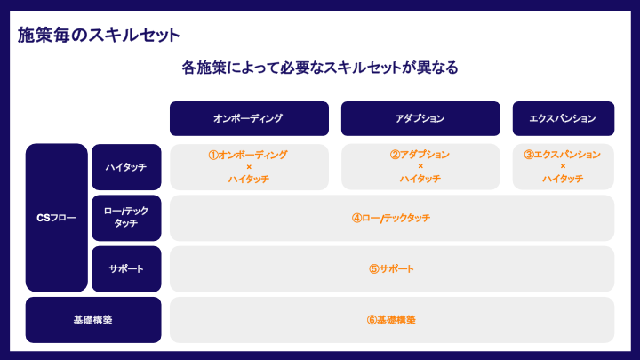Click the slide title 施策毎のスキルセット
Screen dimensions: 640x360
(x=99, y=36)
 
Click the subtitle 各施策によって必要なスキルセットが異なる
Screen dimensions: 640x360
(x=320, y=68)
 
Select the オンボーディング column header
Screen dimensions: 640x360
(x=249, y=118)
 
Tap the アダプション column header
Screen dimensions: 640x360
(x=420, y=118)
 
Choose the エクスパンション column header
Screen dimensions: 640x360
(x=563, y=118)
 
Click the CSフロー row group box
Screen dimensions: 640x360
(x=57, y=218)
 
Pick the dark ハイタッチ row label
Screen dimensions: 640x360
(x=126, y=167)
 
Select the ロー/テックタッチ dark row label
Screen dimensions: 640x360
(x=126, y=218)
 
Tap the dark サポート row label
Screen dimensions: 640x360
(x=126, y=268)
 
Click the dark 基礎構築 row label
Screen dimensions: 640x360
(x=93, y=320)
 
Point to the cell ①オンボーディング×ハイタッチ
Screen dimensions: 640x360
(x=249, y=167)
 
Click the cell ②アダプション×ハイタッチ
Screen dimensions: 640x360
(x=420, y=167)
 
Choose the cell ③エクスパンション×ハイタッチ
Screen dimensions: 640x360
(x=563, y=167)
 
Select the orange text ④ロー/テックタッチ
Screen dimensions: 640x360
(x=391, y=218)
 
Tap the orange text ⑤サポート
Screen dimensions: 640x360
(x=391, y=268)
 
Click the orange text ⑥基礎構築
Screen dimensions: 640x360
(x=391, y=320)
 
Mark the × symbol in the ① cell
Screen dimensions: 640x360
(x=249, y=167)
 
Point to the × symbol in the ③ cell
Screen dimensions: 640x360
(x=563, y=167)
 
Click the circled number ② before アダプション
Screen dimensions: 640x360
(x=395, y=155)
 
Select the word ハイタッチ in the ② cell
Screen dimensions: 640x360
(x=420, y=180)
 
